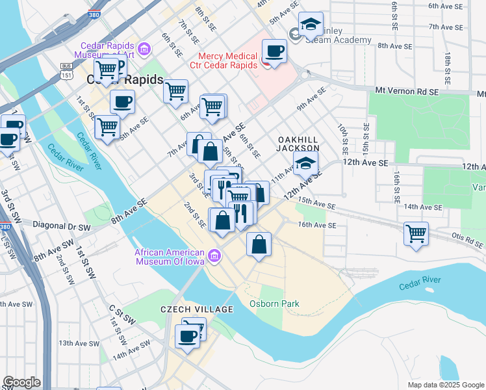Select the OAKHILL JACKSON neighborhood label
tap(299, 144)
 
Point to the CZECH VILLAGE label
tap(196, 309)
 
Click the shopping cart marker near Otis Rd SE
tap(415, 233)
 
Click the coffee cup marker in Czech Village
tap(188, 337)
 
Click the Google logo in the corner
tap(21, 382)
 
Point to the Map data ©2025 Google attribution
tap(446, 385)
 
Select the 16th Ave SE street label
tap(317, 225)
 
